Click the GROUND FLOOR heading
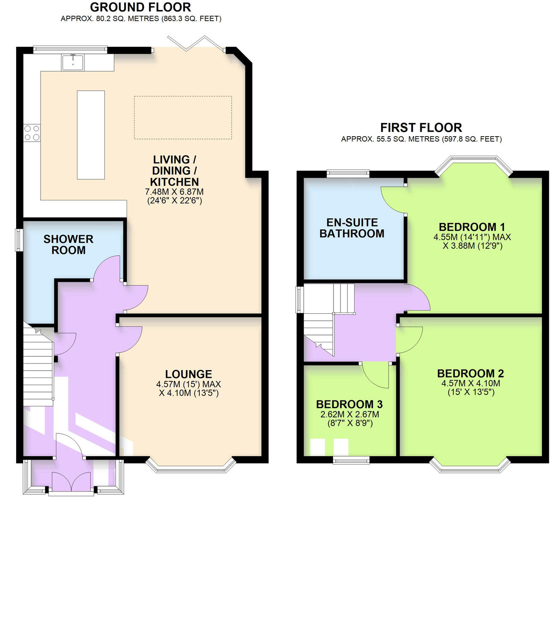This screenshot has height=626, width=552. point(140,7)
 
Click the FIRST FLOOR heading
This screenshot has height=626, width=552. point(421,128)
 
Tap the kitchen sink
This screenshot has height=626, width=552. point(73,62)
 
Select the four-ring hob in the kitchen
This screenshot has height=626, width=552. point(32,133)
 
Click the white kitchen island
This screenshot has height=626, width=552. point(91,135)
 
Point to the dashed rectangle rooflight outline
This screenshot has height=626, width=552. point(182,118)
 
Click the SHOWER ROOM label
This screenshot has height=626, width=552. point(68,245)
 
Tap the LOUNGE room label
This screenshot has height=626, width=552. point(188,374)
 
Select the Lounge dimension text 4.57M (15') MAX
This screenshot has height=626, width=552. point(188,384)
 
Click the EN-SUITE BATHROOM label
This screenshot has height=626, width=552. point(352,228)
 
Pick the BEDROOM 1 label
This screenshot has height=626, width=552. point(472,227)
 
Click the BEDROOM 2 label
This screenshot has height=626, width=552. point(470,373)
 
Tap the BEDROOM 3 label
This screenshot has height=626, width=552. point(349,404)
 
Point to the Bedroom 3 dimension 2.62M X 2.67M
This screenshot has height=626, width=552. point(350,414)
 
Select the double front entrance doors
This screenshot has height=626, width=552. point(71,483)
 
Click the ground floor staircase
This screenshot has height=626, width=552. point(38,368)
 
